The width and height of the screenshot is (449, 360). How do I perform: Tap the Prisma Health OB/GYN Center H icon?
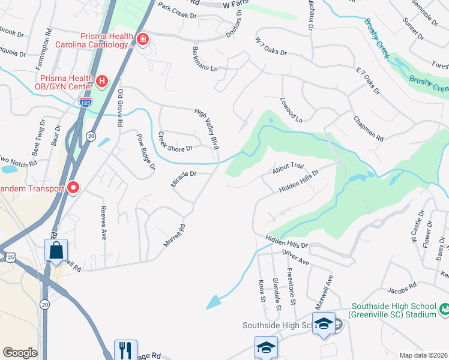click(x=102, y=80)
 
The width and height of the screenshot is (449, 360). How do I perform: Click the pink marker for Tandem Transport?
click(x=73, y=188)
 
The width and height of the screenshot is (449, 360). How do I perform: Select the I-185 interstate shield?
click(x=85, y=104)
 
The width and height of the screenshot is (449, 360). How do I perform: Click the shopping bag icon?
click(x=56, y=250)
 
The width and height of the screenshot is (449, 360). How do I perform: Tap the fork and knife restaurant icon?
click(x=126, y=350)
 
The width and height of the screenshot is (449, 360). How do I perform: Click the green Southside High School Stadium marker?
click(x=444, y=309)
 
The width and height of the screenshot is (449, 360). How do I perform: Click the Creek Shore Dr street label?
click(x=175, y=142)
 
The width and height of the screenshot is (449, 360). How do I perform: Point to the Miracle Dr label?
click(x=183, y=178)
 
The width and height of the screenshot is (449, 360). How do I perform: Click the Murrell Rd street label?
click(x=175, y=236)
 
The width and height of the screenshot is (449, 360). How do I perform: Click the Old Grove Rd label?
click(x=120, y=108)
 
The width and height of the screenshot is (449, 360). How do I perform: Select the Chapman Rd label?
click(x=368, y=129)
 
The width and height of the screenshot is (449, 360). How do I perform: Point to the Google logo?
click(x=20, y=353)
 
